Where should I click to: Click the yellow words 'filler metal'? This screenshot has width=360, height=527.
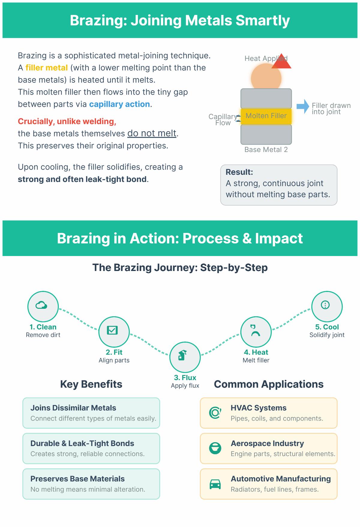46,68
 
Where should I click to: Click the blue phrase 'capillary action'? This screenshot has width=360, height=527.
119,104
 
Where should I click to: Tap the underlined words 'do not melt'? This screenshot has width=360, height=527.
152,133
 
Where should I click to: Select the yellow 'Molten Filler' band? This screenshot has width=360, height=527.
266,116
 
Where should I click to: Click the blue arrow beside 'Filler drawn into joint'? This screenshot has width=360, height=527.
303,106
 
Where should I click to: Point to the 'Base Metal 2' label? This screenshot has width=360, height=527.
266,150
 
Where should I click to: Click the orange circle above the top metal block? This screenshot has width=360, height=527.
266,79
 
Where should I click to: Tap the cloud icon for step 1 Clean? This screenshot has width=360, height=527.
41,305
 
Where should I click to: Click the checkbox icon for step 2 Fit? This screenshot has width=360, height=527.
112,330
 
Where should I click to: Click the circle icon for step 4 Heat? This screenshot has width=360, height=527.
256,331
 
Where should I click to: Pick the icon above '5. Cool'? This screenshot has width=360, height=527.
325,305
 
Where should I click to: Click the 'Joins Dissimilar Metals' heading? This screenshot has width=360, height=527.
73,408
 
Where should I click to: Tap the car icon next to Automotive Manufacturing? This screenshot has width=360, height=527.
215,484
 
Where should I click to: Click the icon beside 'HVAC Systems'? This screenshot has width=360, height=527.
215,413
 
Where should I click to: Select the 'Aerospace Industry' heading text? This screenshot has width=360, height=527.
267,443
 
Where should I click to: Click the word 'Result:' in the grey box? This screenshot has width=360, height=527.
239,172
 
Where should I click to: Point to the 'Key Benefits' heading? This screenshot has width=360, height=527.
91,384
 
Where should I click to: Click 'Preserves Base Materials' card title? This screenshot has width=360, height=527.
77,479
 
